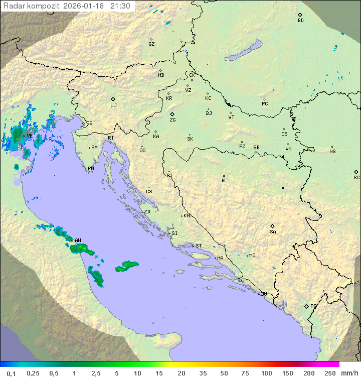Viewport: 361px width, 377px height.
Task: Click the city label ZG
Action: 172,120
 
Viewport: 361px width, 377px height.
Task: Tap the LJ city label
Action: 113,105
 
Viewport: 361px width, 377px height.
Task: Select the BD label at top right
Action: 300,21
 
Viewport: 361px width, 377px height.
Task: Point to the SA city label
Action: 273,232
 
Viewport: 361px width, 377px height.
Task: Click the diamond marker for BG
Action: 356,172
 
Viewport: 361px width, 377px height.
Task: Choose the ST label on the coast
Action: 199,246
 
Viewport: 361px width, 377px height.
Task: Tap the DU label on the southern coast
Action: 264,294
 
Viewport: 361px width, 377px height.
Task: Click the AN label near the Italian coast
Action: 78,240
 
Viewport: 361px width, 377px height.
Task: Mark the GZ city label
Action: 151,44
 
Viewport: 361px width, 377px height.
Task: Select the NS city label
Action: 332,152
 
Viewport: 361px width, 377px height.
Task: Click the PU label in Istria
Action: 91,169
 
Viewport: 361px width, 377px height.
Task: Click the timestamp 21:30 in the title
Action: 120,6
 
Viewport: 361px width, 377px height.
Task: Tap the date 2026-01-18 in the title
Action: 85,6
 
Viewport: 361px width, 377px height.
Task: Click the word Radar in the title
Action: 14,6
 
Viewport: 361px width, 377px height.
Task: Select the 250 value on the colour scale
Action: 329,373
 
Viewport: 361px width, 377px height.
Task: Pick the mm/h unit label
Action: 349,373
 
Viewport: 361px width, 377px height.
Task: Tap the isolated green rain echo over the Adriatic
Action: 127,267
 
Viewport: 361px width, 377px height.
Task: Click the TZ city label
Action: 284,193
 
